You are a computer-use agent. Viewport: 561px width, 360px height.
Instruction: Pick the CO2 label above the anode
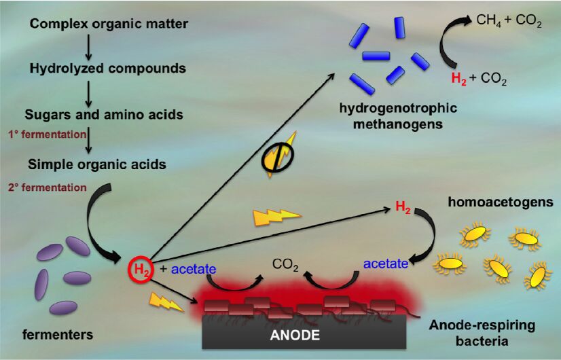pyautogui.click(x=285, y=264)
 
